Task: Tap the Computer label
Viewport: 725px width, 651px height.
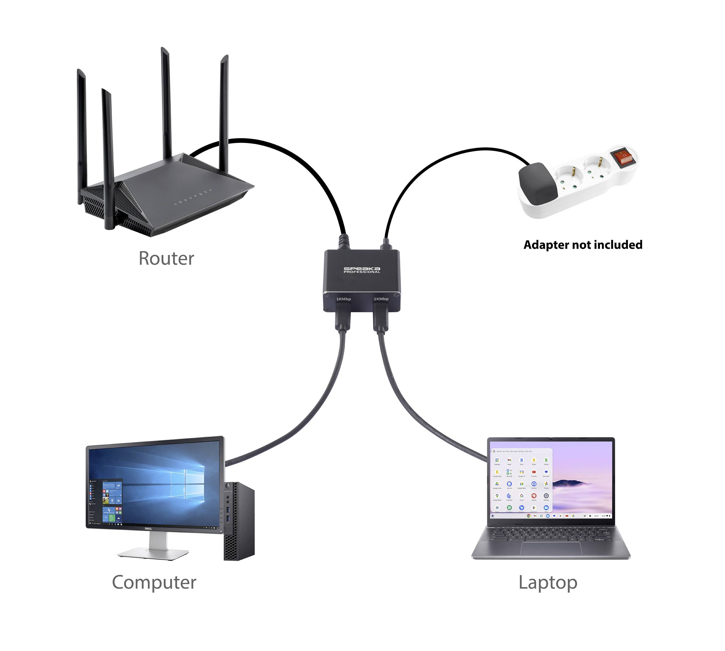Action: pyautogui.click(x=154, y=582)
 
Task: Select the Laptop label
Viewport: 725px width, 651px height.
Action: pyautogui.click(x=548, y=582)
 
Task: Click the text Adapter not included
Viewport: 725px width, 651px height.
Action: pyautogui.click(x=583, y=245)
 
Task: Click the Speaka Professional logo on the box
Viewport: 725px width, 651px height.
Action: pyautogui.click(x=362, y=270)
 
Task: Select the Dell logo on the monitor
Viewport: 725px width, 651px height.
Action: pyautogui.click(x=148, y=529)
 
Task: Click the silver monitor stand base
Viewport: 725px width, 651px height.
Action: pyautogui.click(x=153, y=554)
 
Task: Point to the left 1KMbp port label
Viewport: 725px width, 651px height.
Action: pyautogui.click(x=343, y=299)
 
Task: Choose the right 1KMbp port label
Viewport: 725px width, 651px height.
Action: pyautogui.click(x=381, y=299)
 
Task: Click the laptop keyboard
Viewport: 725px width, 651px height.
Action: pyautogui.click(x=551, y=534)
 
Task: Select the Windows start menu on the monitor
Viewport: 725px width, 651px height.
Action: pyautogui.click(x=106, y=500)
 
